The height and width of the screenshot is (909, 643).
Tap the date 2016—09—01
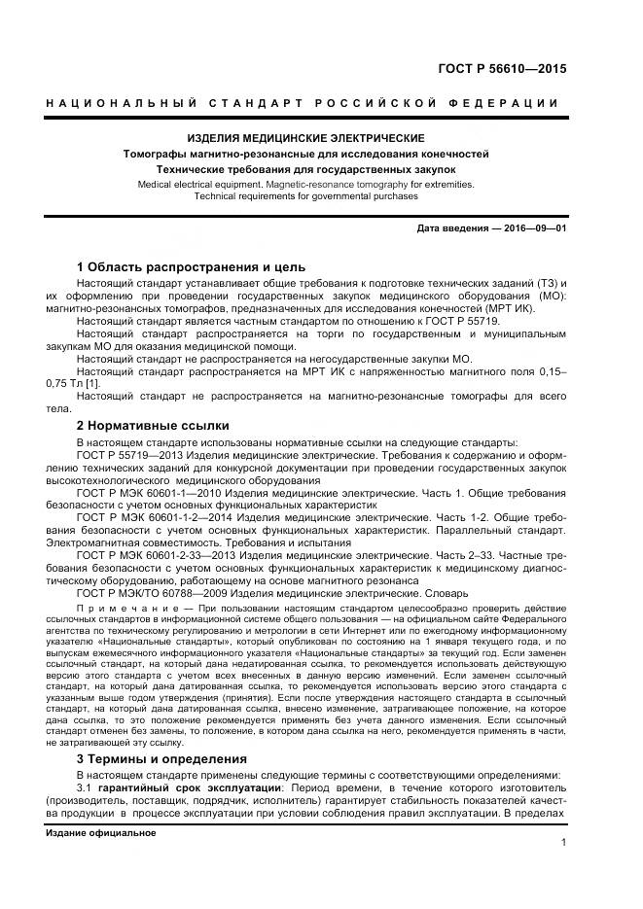(534, 228)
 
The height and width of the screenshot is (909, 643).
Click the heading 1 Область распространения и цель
(191, 266)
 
